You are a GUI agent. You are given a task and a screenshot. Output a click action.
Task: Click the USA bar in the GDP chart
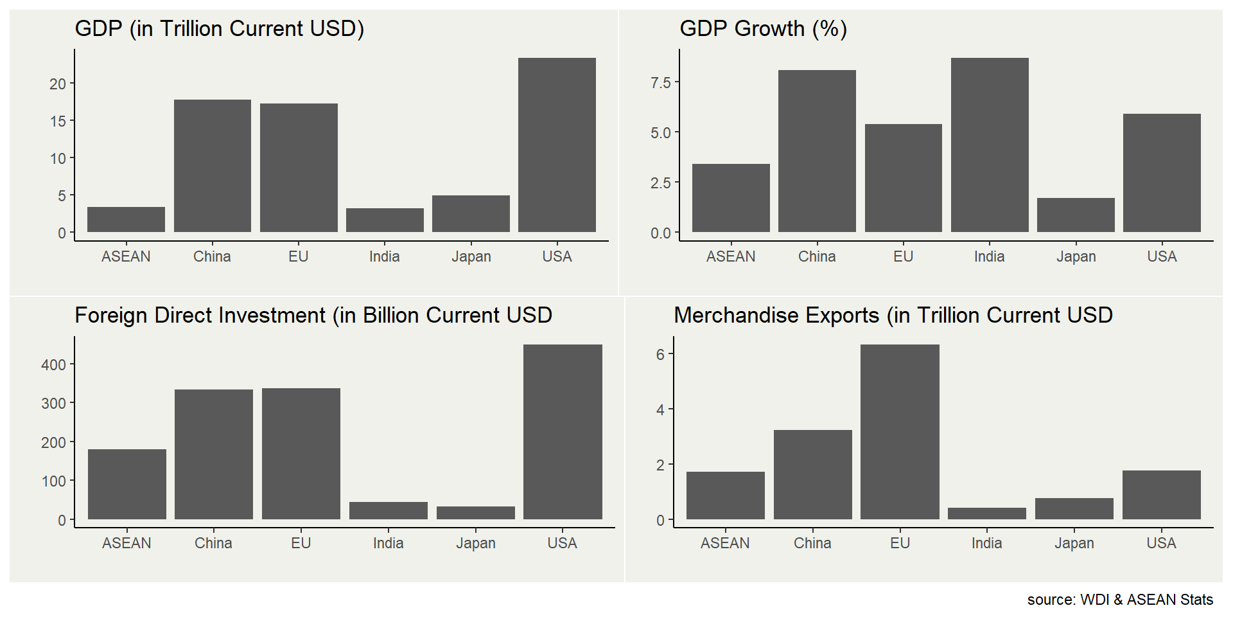557,145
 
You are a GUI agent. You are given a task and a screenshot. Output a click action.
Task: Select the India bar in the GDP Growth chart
990,145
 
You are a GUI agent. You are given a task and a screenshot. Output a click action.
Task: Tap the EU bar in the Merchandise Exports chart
900,432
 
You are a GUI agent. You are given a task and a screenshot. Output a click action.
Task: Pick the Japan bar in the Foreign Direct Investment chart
476,513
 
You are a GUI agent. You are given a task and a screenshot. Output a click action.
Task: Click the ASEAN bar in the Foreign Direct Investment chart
127,484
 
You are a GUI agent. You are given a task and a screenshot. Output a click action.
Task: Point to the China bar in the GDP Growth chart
817,151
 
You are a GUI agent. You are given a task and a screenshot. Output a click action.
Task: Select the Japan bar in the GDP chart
471,213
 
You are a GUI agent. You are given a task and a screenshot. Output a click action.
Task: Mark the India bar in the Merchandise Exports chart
987,514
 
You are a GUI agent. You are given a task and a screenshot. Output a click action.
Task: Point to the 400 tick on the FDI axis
54,365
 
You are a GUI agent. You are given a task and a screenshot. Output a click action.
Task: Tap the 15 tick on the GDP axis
58,121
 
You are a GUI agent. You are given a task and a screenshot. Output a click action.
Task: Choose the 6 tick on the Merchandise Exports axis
660,354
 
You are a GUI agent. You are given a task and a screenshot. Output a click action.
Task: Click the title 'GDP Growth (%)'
763,29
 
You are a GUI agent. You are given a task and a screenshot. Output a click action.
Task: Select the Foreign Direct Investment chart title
313,316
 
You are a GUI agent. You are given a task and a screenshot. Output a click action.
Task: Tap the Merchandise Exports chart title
893,316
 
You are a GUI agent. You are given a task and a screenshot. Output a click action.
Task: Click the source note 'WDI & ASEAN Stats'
1120,600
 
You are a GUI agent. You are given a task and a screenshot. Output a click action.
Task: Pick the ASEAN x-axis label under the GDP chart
126,256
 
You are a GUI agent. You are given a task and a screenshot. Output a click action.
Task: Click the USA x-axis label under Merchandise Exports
1161,543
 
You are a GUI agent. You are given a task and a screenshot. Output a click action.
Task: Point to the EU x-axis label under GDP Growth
903,256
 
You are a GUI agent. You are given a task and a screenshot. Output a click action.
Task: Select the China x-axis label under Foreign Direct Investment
213,543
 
